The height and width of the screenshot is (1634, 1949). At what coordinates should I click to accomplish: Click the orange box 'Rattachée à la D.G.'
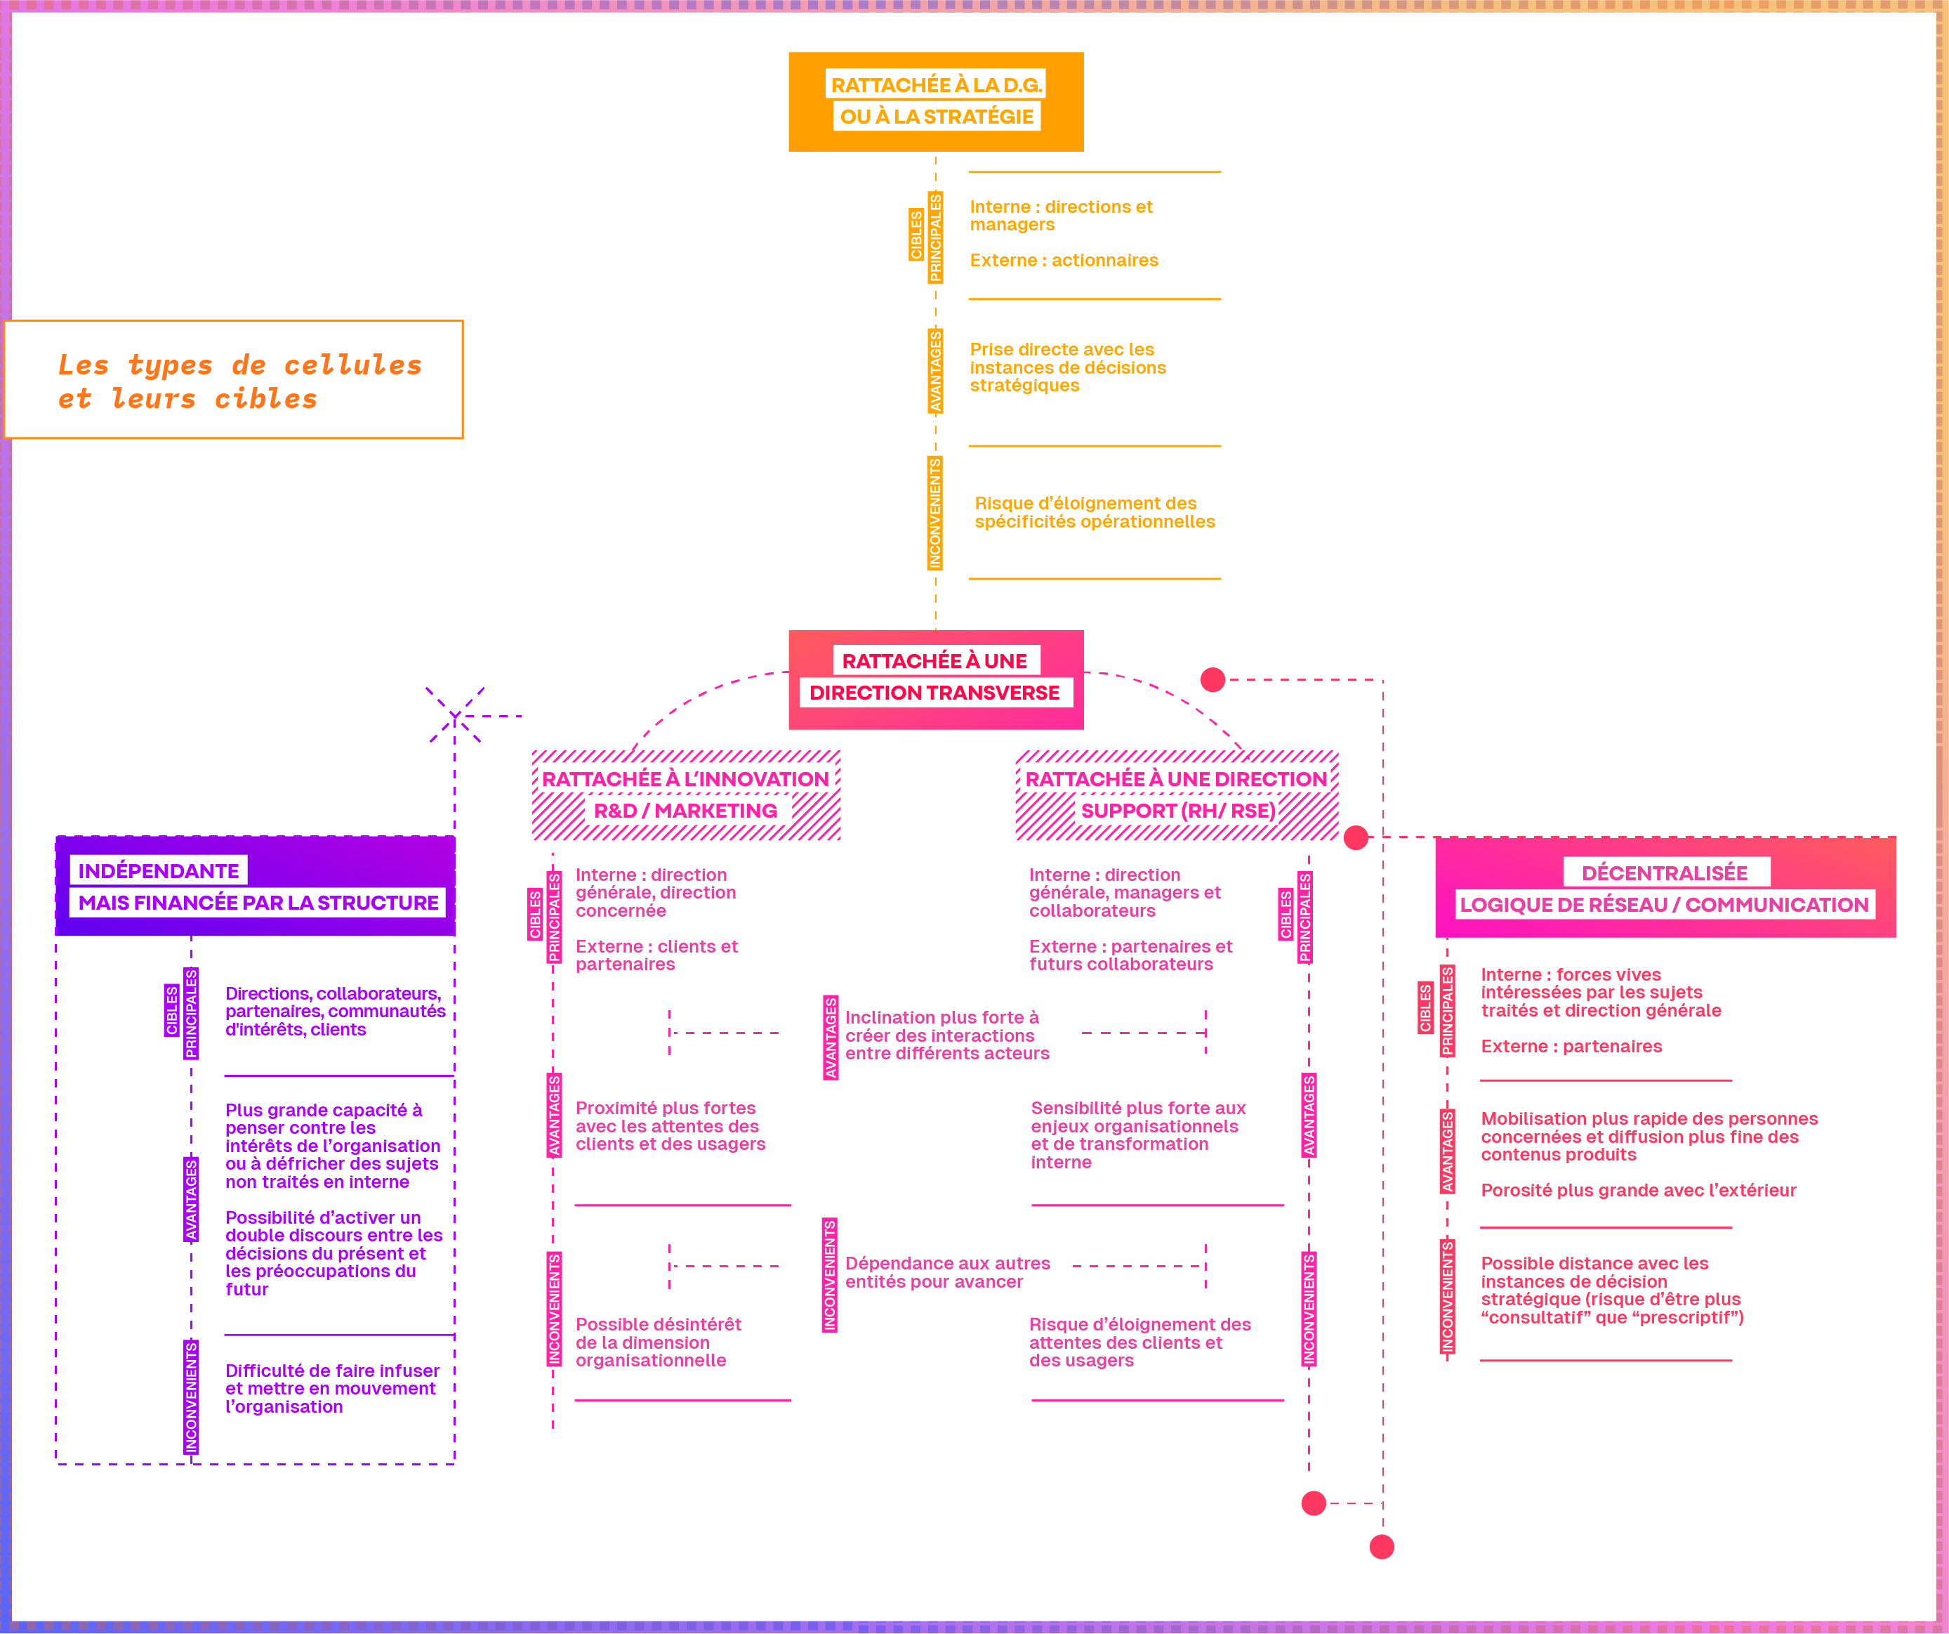coord(935,101)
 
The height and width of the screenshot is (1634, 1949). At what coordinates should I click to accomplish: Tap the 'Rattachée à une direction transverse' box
coord(935,679)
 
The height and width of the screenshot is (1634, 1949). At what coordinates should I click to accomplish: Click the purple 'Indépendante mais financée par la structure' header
coord(256,886)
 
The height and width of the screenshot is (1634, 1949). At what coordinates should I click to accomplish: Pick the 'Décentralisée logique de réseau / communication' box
coord(1664,887)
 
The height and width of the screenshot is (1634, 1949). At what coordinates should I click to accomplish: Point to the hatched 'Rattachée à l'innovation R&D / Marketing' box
coord(686,795)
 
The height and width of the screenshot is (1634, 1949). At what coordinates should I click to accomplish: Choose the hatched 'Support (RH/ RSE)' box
coord(1177,795)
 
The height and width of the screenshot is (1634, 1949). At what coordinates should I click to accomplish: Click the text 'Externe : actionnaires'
coord(1064,261)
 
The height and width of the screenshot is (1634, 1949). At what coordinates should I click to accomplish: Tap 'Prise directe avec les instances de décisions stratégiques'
coord(1067,367)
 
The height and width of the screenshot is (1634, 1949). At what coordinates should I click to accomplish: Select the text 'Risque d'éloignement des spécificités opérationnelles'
coord(1095,513)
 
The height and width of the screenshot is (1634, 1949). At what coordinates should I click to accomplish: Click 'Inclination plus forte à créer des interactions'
coord(946,1035)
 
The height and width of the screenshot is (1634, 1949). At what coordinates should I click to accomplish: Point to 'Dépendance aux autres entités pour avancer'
coord(946,1272)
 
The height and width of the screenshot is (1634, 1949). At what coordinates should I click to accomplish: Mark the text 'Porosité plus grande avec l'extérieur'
coord(1638,1190)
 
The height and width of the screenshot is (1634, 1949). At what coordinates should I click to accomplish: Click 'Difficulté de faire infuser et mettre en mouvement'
coord(331,1388)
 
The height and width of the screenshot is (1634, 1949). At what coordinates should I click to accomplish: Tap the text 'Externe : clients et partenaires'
coord(656,955)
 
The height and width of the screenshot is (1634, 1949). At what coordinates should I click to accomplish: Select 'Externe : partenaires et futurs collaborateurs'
coord(1130,955)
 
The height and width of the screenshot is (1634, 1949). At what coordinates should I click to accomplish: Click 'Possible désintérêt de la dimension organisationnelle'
coord(658,1342)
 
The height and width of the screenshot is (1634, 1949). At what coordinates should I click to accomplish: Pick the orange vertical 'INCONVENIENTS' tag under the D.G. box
coord(934,514)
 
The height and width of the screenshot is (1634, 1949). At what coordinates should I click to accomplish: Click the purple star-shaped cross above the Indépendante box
coord(455,716)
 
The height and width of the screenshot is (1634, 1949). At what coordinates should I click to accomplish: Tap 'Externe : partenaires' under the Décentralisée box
coord(1571,1046)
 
